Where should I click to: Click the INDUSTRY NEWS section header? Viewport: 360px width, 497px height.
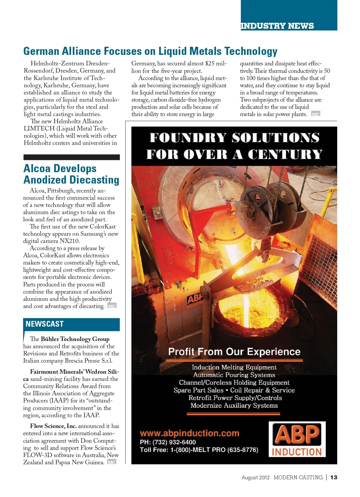(277, 26)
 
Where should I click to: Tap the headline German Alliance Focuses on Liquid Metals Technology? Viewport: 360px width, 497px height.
(150, 51)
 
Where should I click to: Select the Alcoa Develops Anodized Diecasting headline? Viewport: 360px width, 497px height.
(71, 174)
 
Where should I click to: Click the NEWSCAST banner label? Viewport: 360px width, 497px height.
(45, 324)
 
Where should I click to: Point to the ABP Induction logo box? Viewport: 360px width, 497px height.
(297, 439)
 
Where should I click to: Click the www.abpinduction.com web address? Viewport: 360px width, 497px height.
(190, 433)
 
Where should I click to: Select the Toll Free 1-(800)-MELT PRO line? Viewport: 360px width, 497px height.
(199, 450)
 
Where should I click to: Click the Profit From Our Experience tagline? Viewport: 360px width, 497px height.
(234, 352)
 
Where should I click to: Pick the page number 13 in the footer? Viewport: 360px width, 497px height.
(334, 477)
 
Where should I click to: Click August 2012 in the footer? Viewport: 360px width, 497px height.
(256, 478)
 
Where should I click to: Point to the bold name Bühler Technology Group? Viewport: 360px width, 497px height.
(75, 339)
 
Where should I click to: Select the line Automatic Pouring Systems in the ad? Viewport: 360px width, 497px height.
(234, 375)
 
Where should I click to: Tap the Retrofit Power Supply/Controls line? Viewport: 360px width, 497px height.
(235, 398)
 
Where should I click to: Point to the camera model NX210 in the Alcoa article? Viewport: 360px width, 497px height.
(70, 241)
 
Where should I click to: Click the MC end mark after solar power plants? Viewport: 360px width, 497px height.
(316, 114)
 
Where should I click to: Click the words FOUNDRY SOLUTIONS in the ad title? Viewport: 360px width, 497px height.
(234, 138)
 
